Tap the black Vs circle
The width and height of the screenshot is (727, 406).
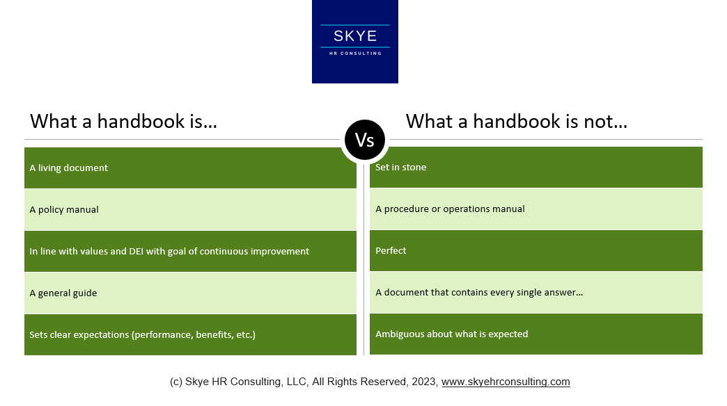365,140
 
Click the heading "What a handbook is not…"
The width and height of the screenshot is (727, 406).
516,122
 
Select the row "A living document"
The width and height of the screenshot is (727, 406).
190,168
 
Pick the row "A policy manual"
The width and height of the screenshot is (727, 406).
190,209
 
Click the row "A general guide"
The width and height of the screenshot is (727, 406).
190,293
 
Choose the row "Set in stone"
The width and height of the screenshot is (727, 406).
536,167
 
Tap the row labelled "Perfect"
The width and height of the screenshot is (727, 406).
536,250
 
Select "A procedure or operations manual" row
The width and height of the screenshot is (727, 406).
536,209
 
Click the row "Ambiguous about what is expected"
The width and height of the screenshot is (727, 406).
536,334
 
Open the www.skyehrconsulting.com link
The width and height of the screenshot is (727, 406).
506,382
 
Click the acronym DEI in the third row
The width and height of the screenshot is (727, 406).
136,251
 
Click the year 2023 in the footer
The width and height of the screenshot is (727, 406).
425,382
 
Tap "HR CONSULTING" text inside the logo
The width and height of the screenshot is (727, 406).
354,53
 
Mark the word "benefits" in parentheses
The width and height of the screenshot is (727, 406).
209,334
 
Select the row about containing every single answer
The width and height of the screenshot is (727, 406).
536,292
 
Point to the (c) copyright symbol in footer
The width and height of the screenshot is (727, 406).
176,382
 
